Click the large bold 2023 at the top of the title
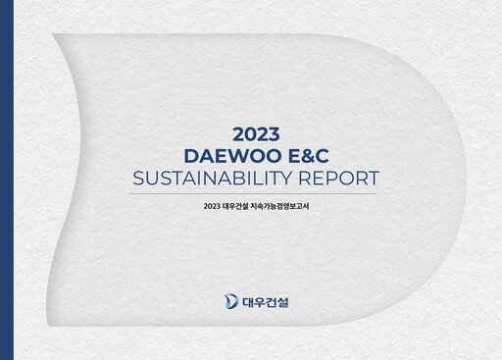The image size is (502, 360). coord(257,133)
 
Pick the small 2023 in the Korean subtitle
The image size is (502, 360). coord(212,206)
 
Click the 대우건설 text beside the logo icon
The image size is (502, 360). coord(266,300)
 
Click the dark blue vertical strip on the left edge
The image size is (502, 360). coord(6,180)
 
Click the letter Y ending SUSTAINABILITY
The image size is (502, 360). coord(282,179)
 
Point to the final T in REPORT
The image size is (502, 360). coord(372,179)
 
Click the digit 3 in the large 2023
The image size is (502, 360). coord(275,133)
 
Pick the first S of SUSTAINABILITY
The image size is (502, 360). coord(137,179)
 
